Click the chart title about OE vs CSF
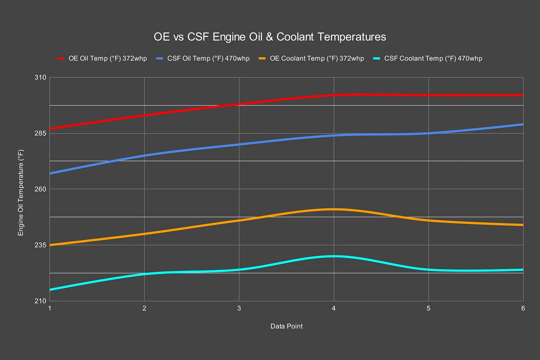[270, 37]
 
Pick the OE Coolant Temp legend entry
[311, 58]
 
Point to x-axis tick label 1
[49, 309]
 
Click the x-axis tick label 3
[239, 309]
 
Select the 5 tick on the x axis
[428, 309]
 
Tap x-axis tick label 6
[523, 309]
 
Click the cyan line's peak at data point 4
[333, 256]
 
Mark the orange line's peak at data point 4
[333, 209]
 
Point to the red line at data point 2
[144, 115]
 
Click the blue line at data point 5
[428, 133]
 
